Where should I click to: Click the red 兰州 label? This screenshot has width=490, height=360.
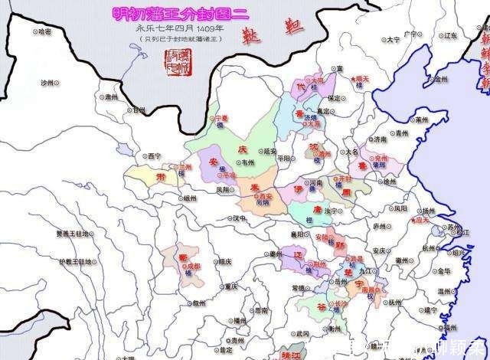[x=185, y=166]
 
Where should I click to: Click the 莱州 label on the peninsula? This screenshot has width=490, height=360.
[x=423, y=119]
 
